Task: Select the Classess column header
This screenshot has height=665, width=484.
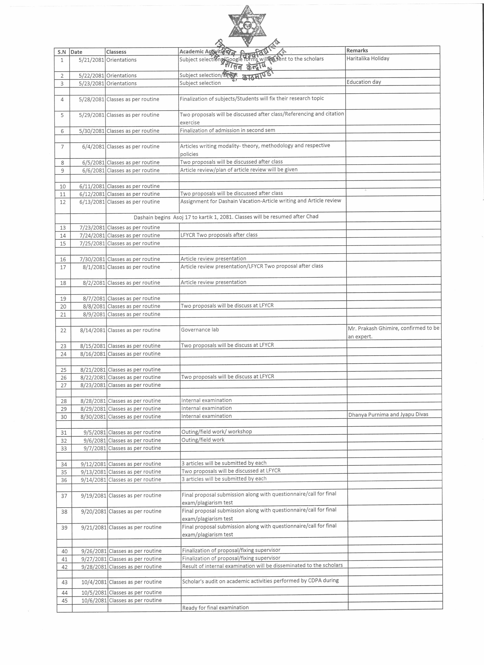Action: (116, 52)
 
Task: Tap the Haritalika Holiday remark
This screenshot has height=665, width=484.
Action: (368, 58)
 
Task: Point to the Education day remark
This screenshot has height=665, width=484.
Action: (364, 82)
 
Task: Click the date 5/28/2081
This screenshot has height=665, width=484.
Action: (91, 99)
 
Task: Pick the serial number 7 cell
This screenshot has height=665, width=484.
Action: (62, 147)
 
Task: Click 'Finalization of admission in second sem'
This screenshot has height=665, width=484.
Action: (227, 130)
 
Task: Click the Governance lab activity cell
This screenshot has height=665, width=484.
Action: (200, 330)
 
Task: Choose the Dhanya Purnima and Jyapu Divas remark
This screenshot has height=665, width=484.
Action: (388, 414)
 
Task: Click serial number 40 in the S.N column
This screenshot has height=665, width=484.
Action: (65, 551)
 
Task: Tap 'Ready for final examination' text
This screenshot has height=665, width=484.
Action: (215, 608)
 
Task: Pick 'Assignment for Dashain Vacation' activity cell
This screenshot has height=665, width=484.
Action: (261, 201)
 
